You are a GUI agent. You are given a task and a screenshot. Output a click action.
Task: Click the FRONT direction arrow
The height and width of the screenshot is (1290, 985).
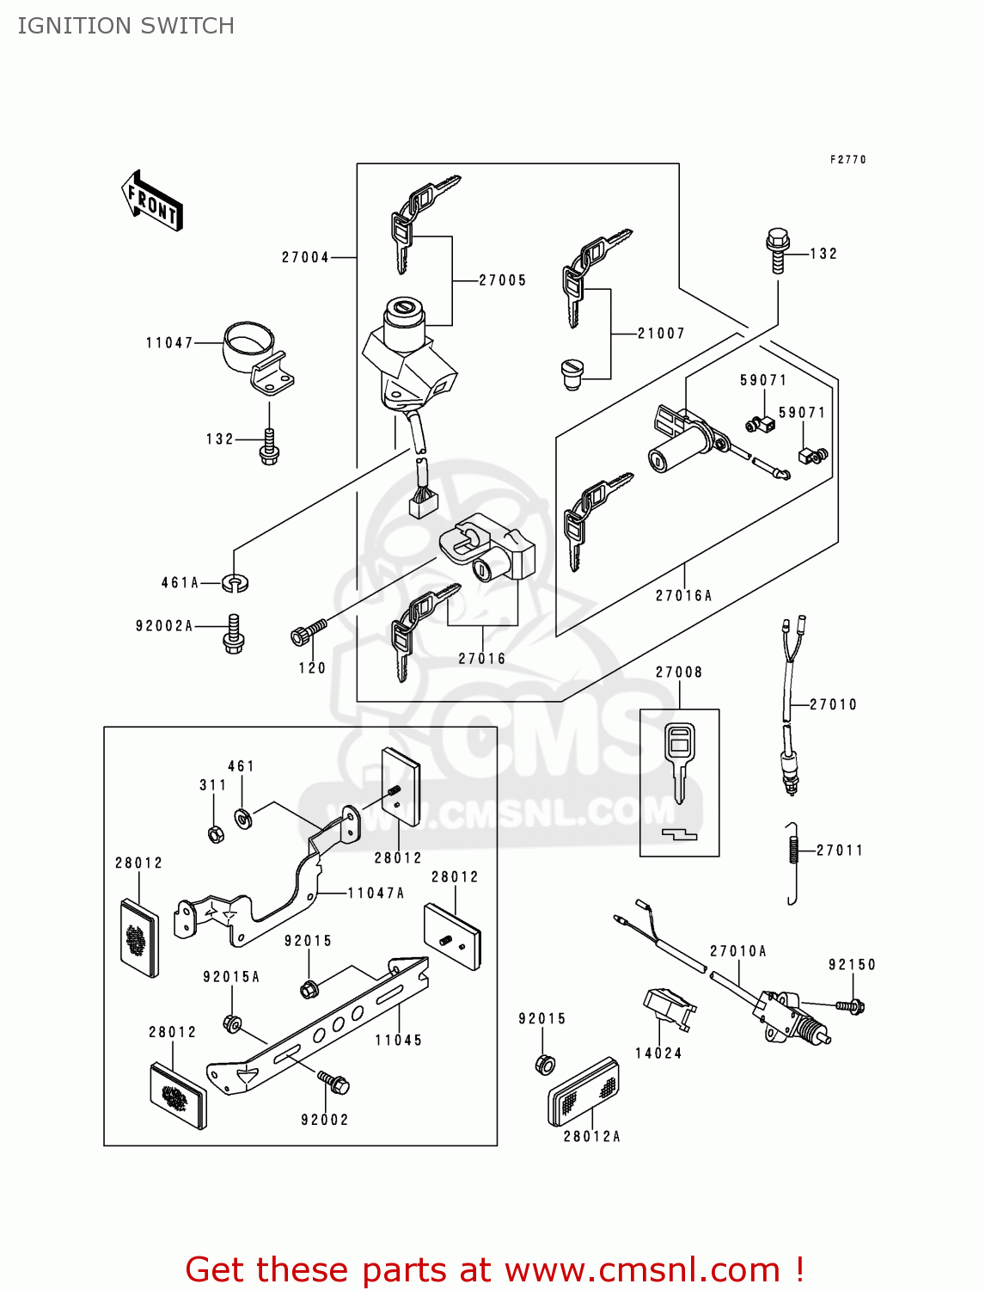(x=153, y=201)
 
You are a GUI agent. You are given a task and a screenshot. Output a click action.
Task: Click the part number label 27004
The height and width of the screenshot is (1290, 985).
(x=305, y=257)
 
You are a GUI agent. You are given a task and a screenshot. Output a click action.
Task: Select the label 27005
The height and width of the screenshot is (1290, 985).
(x=503, y=280)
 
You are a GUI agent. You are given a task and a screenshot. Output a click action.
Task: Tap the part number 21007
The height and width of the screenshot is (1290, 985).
(x=661, y=334)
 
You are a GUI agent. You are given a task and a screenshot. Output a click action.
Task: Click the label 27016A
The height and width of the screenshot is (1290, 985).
(x=684, y=595)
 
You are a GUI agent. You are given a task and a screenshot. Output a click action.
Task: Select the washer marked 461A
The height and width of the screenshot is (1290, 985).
(x=235, y=583)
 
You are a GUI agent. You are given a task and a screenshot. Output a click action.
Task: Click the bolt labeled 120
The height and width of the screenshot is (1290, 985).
(x=308, y=633)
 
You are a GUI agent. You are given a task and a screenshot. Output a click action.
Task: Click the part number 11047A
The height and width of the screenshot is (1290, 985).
(x=376, y=894)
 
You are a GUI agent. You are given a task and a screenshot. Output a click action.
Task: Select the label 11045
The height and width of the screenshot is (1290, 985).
(x=399, y=1041)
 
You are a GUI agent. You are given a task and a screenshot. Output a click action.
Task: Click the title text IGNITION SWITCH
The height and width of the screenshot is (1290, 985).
(x=126, y=26)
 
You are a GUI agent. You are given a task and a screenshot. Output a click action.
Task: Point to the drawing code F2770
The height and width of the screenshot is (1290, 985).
(x=848, y=160)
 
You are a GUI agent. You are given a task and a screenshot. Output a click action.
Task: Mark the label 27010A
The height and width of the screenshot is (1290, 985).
(x=738, y=951)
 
